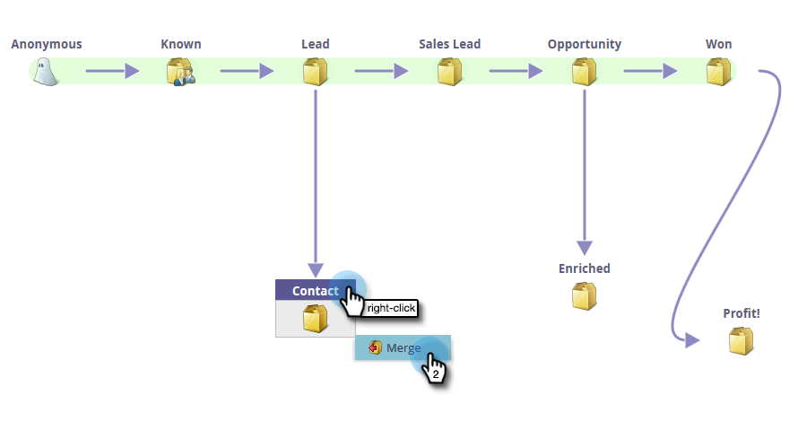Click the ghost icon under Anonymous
[x=46, y=72]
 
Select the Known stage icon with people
[x=180, y=72]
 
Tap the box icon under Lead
[x=315, y=72]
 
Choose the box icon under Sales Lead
[x=449, y=72]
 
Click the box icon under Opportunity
[x=584, y=72]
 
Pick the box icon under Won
[x=718, y=72]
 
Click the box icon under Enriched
[x=584, y=295]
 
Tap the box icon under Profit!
[x=741, y=340]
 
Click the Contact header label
[x=315, y=291]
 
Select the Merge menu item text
[x=403, y=347]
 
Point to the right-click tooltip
[x=392, y=308]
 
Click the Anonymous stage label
[x=47, y=44]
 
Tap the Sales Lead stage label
[x=449, y=44]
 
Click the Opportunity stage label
[x=584, y=44]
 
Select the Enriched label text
[x=584, y=268]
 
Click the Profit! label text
[x=741, y=313]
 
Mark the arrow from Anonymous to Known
[x=112, y=71]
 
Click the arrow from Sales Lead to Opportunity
[x=516, y=71]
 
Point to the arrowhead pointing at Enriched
[x=584, y=247]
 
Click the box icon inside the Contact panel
[x=315, y=319]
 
